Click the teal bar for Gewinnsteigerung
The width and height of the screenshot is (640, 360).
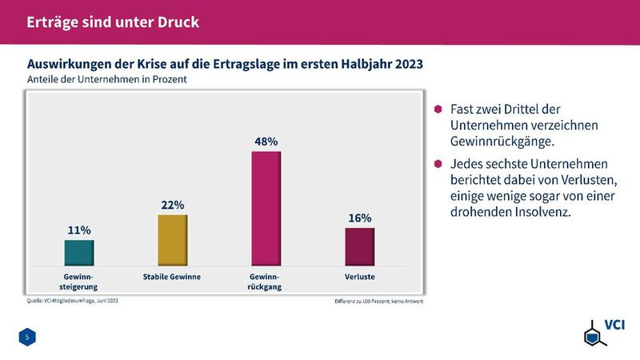point(79,252)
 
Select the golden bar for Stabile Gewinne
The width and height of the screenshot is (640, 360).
point(173,240)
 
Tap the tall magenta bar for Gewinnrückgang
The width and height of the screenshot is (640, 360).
point(266,208)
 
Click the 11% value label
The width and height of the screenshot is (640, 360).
point(78,230)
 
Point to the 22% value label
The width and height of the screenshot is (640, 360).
point(173,205)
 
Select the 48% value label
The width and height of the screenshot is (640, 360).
point(266,141)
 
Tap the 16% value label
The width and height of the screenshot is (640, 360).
point(360,218)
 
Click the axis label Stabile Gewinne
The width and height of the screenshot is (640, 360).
point(171,277)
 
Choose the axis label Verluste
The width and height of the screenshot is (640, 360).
point(360,277)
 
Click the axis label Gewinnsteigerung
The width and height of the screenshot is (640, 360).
point(78,281)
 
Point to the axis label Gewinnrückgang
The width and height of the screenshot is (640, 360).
point(266,281)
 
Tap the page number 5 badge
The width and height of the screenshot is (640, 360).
point(27,338)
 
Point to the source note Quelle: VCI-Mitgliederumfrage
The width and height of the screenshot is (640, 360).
point(73,302)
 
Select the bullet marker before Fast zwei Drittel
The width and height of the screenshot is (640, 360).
point(438,110)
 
